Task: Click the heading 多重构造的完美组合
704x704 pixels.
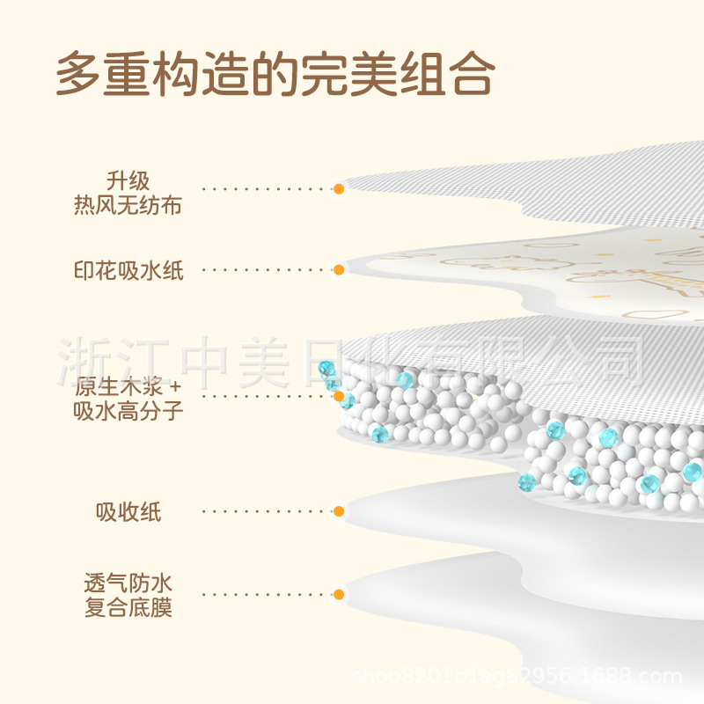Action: click(275, 74)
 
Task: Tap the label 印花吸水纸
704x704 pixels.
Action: click(128, 270)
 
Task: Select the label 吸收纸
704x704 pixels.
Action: click(128, 511)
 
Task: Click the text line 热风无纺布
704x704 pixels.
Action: click(128, 206)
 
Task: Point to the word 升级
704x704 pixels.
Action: click(128, 181)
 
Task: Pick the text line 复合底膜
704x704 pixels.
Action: click(128, 607)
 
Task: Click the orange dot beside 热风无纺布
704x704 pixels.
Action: click(339, 188)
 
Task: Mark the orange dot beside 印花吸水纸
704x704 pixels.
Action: click(339, 270)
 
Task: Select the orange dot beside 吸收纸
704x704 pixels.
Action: click(339, 510)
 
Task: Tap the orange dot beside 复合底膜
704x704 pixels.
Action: click(339, 595)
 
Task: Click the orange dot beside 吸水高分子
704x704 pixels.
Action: click(339, 396)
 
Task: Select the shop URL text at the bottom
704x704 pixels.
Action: click(517, 677)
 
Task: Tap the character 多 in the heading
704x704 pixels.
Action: click(77, 74)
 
